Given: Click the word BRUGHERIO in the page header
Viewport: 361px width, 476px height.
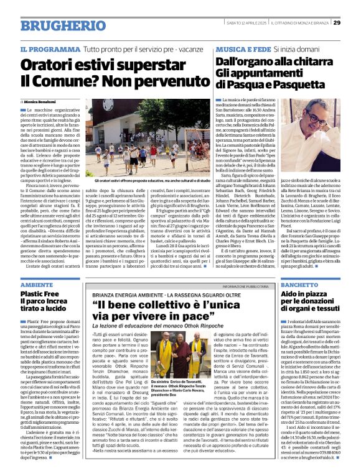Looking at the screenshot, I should click(55, 25).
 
